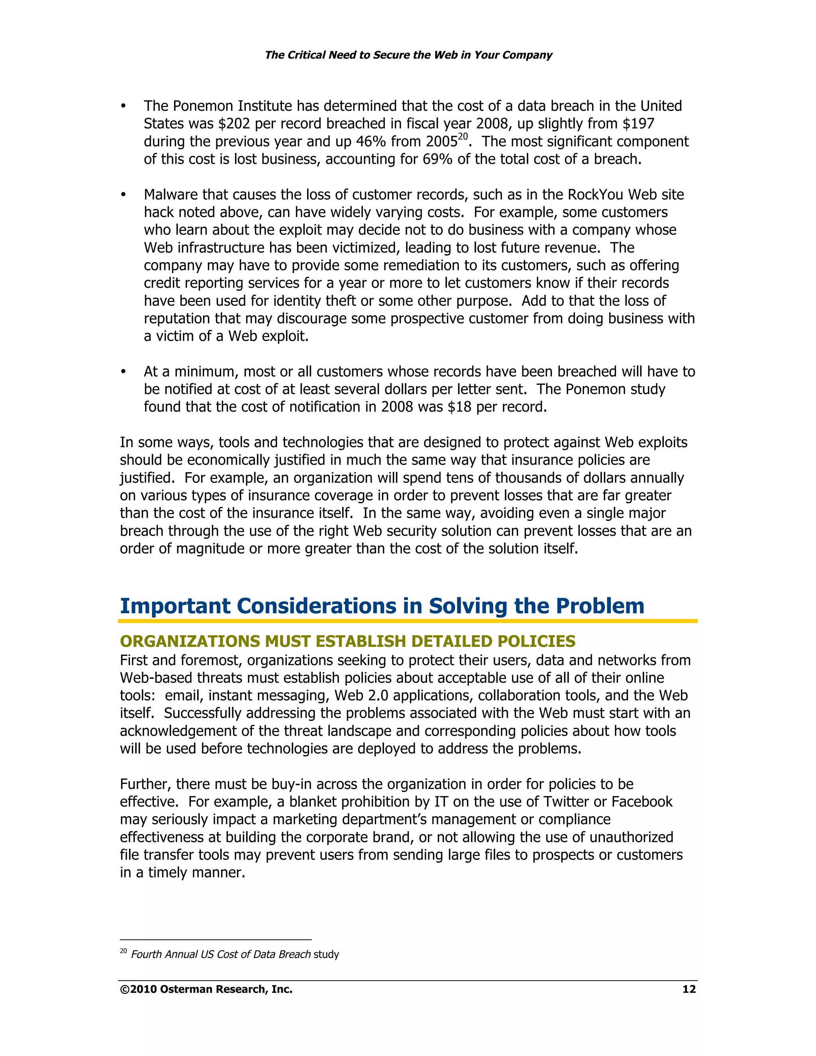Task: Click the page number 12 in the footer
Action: point(688,989)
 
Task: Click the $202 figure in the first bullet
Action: point(234,124)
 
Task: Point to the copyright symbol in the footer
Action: point(124,989)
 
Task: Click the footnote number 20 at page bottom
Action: point(123,951)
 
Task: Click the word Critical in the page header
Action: point(306,55)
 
